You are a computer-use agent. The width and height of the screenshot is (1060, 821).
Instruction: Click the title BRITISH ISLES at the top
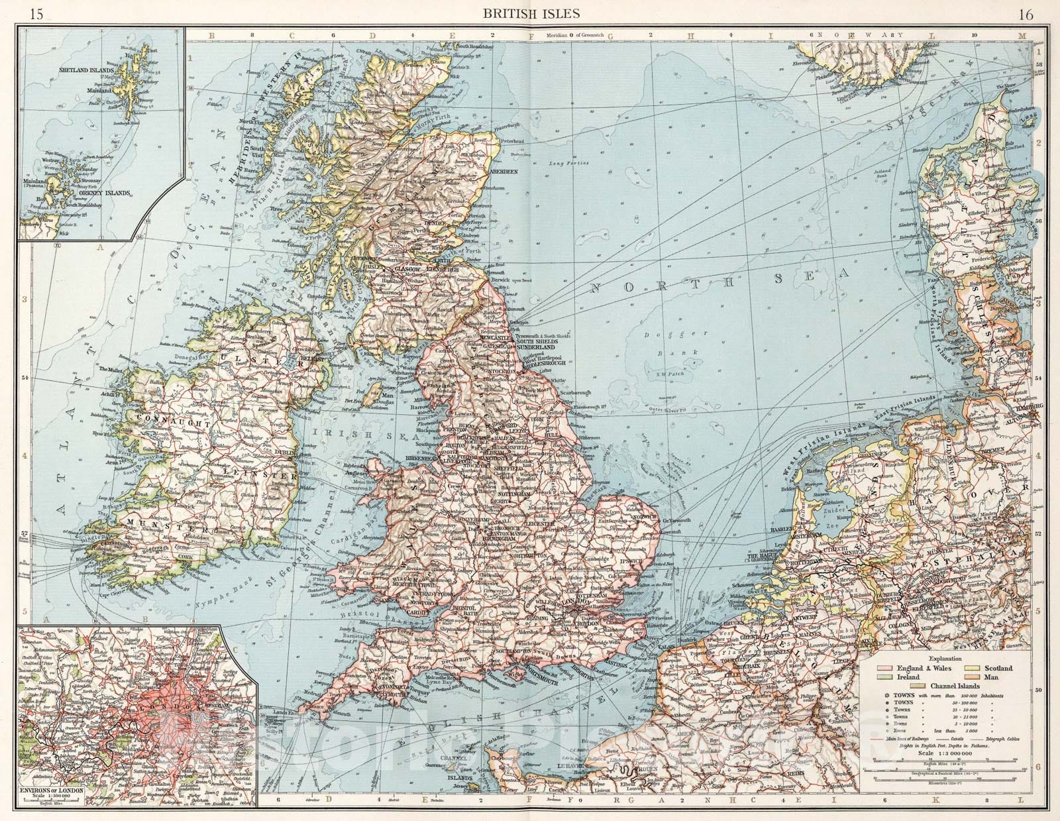pyautogui.click(x=531, y=13)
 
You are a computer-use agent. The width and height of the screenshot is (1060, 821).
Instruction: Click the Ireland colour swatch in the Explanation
pyautogui.click(x=886, y=678)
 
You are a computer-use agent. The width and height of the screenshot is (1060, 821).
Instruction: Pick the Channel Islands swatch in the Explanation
pyautogui.click(x=924, y=686)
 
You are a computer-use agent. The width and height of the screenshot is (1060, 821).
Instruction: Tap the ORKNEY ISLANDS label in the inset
pyautogui.click(x=104, y=194)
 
